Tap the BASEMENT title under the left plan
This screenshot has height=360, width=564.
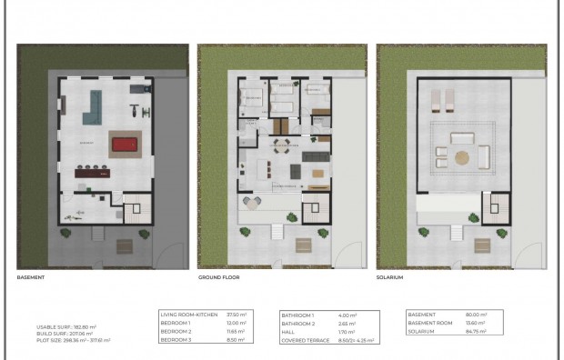pos(31,275)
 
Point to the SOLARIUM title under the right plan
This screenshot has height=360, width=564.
pos(390,275)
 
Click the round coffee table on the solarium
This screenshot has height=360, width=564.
pos(463,157)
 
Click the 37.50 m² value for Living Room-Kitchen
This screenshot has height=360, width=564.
pos(235,314)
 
